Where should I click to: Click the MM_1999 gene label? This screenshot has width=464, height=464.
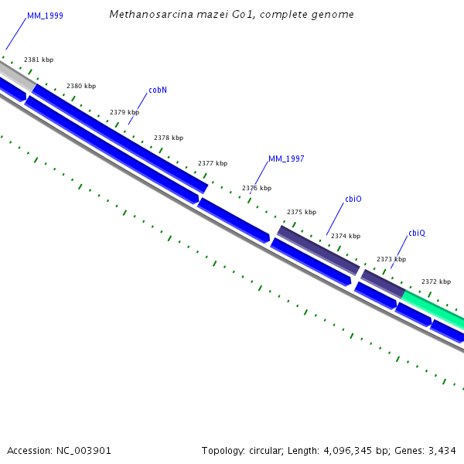(x=45, y=15)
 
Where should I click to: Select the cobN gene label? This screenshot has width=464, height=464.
(x=158, y=90)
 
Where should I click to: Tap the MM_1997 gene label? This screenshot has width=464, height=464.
(x=286, y=159)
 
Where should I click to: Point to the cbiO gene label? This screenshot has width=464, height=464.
(x=353, y=199)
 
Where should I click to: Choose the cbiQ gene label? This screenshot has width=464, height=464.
(x=417, y=233)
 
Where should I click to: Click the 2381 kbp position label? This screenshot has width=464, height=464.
(x=39, y=60)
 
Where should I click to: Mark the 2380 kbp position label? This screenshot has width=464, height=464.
(x=81, y=86)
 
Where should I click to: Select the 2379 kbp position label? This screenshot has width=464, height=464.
(x=125, y=112)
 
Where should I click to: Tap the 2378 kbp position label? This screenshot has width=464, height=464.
(x=169, y=138)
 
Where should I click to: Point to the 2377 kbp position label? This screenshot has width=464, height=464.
(x=213, y=163)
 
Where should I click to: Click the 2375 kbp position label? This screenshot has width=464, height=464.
(x=302, y=212)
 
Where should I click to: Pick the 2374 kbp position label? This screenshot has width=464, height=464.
(x=346, y=236)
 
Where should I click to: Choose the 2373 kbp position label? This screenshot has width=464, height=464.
(x=391, y=259)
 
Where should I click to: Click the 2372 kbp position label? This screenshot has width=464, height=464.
(x=436, y=281)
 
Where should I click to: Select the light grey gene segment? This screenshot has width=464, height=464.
(x=15, y=75)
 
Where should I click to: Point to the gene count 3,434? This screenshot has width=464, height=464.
(x=442, y=450)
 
